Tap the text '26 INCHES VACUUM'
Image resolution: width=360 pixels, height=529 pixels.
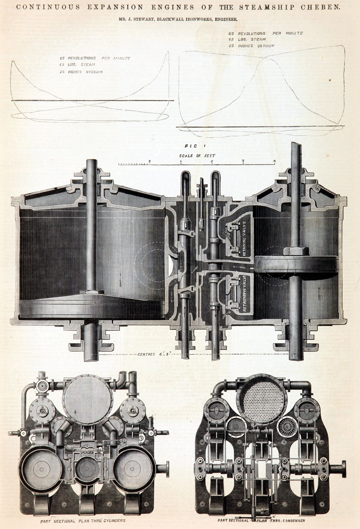[81, 72]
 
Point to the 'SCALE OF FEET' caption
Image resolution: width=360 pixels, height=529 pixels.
[196, 155]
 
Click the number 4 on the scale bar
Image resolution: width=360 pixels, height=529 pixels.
[274, 161]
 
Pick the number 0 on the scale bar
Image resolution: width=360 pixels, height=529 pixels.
[149, 161]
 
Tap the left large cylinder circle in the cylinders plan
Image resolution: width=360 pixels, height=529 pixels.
[41, 468]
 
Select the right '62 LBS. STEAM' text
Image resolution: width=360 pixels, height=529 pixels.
[248, 40]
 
